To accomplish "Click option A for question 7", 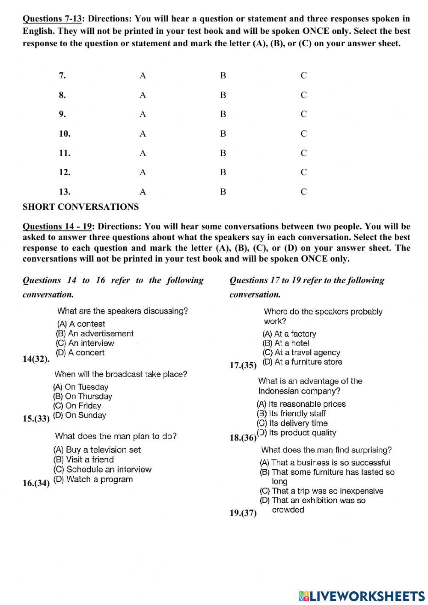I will tap(143, 76).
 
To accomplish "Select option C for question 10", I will tap(303, 134).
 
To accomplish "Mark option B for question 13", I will tap(223, 192).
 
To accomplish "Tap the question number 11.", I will tap(65, 153).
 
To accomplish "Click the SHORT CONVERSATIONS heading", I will tap(80, 207).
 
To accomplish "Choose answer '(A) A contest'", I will tap(81, 324).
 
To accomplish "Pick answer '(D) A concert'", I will tap(80, 352).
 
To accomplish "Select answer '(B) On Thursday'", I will tap(83, 396).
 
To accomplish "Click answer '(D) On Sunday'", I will tap(80, 415).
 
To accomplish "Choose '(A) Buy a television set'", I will tap(97, 450).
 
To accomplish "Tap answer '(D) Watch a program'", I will tap(93, 479).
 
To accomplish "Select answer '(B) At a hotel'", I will tap(285, 343).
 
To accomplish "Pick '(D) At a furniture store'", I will tap(302, 362).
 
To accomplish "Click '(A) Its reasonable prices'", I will tap(301, 404).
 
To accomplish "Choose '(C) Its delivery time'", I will tap(292, 423).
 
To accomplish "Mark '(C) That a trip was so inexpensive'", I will tap(321, 491).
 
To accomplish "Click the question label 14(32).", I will tap(36, 359).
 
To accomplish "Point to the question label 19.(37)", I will tap(243, 513).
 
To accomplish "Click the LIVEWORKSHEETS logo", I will tap(361, 596).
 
